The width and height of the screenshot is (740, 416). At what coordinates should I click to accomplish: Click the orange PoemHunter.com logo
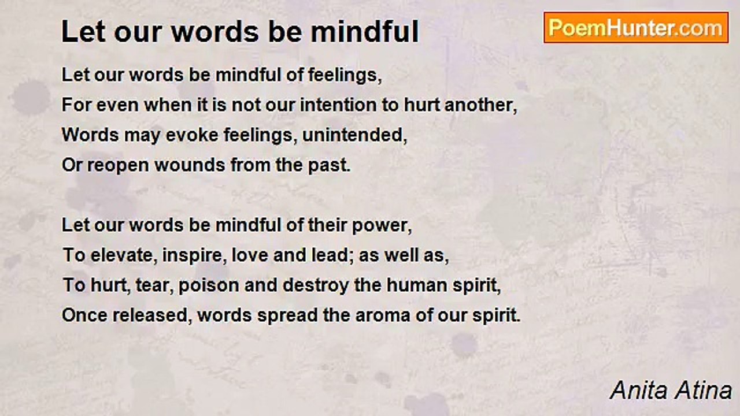click(636, 28)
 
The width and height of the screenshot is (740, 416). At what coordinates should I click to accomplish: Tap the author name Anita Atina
click(671, 391)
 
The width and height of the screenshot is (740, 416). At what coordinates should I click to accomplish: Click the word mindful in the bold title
click(364, 32)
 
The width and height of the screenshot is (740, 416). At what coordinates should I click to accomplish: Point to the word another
click(480, 106)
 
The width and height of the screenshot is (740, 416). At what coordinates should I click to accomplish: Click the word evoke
click(192, 135)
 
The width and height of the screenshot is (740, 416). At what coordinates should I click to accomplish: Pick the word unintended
click(354, 136)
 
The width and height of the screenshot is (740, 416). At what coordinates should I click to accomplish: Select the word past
click(329, 166)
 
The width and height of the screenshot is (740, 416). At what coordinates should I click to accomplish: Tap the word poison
click(209, 286)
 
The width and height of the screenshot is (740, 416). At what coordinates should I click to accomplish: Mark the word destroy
click(316, 286)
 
